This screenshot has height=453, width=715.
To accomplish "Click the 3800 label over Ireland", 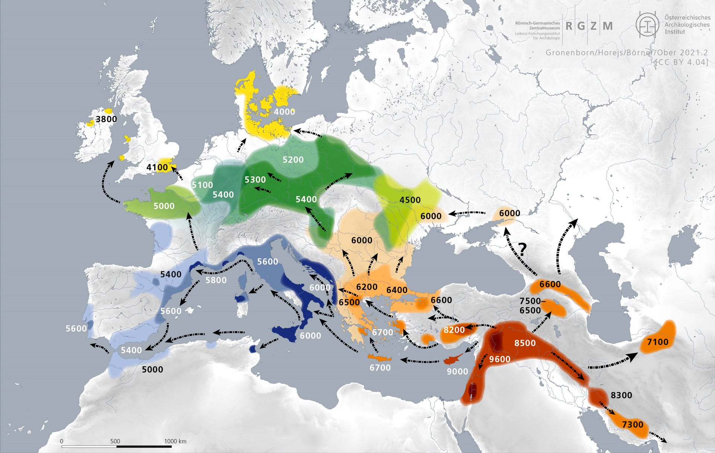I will pos(106,119).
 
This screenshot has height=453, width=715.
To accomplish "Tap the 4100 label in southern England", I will pos(157,167).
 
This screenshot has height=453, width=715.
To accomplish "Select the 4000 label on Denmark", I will pos(285,112).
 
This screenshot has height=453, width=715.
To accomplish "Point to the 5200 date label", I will pos(293,160).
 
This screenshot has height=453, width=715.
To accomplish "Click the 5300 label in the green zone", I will pos(255,180).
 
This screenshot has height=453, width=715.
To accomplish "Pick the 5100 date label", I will pos(202,185).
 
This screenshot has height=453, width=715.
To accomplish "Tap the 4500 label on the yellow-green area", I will pos(410,200).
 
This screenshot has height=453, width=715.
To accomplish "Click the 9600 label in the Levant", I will pos(500,359).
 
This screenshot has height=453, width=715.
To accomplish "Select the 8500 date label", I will pos(525,343).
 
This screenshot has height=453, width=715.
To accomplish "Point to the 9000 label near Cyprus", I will pos(457,371).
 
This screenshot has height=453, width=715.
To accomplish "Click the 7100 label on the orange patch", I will pos(658,342).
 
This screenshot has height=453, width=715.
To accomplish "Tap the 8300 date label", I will pos(621,395).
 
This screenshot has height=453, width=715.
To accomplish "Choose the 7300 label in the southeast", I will pos(632,424).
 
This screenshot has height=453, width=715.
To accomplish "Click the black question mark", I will pos(522,249).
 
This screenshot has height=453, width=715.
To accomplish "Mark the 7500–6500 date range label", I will pos(530,305).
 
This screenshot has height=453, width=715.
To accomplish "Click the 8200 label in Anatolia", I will pos(454,330).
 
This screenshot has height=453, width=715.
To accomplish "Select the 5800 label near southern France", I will pos(216,280).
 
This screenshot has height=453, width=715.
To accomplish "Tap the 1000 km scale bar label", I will pos(175,441).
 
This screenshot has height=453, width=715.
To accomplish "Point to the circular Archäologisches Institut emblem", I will pos(647,25).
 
